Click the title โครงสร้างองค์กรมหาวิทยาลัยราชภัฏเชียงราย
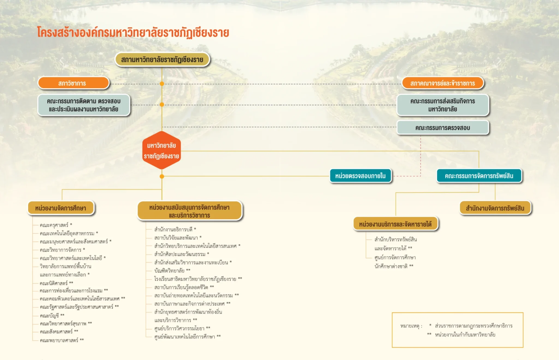133,32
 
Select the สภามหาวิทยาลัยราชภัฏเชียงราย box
162,60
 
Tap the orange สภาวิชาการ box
73,83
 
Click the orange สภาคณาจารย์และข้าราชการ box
442,83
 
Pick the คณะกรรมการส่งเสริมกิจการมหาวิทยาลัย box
442,105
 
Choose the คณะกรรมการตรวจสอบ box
442,128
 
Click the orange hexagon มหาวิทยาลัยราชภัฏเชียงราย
161,151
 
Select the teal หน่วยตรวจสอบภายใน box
360,176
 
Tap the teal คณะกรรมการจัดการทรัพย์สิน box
479,176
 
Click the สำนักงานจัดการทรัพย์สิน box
495,208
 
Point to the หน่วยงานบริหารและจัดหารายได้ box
395,224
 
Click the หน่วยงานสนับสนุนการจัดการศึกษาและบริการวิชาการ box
189,211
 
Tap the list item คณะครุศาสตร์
54,225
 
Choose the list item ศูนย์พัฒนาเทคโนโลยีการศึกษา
185,337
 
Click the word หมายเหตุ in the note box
409,326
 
